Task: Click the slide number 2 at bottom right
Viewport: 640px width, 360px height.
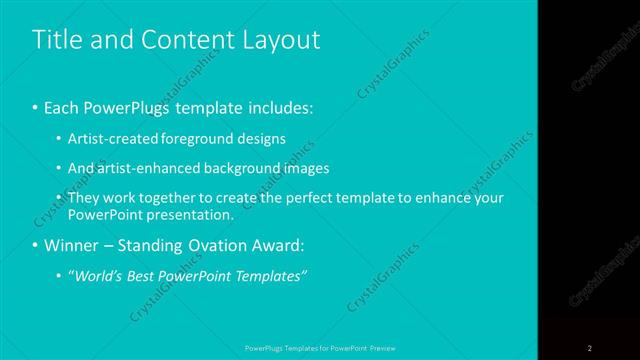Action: (590, 348)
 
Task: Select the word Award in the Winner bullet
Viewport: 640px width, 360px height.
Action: (275, 245)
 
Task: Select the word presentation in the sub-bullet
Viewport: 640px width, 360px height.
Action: (199, 215)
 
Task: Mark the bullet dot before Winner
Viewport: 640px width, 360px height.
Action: (36, 245)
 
